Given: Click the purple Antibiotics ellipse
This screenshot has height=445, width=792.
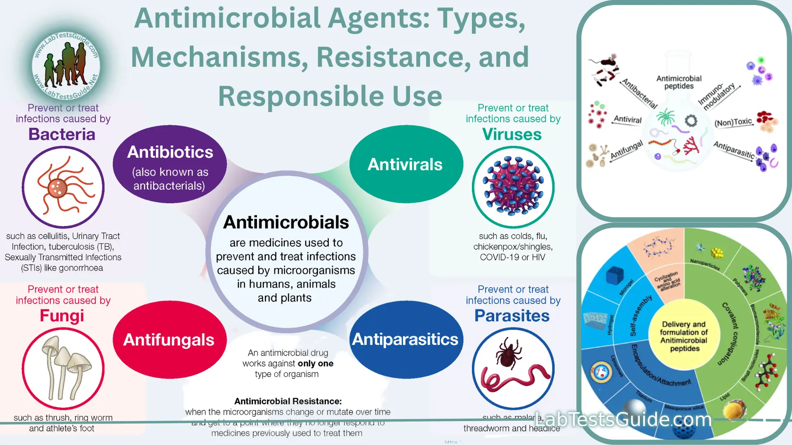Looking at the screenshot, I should coord(170,164).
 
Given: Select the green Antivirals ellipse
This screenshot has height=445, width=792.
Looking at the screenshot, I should coord(406,164).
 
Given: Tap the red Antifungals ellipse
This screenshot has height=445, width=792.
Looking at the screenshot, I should coord(170,340).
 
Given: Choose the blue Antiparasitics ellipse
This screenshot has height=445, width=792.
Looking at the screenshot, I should coord(406,340).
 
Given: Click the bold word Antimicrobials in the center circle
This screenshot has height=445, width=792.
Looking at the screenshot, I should coord(286,222).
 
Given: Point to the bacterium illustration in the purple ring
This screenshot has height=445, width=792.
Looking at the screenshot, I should coord(63,187).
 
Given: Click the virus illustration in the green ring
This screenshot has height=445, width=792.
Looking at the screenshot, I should coord(513,187).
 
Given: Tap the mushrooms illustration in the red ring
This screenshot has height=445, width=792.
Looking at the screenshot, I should coord(63,368).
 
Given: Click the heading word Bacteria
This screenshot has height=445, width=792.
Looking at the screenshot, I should coord(62,134).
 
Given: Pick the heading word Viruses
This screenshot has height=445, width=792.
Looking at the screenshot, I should coord(512,134).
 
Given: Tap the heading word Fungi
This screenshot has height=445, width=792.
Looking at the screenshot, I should coord(62,316).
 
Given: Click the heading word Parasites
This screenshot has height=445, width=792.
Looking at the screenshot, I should coord(512,316).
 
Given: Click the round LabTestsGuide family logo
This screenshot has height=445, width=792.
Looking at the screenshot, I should coord(66,66).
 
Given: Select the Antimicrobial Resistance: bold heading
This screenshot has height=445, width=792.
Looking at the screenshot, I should coord(288,401).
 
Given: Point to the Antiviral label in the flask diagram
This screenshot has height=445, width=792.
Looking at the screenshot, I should coord(627,119).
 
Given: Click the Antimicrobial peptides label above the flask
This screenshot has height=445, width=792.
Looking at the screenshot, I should coord(679,82).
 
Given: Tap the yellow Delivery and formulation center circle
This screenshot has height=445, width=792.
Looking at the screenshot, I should coord(684,336).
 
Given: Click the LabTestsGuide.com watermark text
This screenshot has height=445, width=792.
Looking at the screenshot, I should coord(623,419).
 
